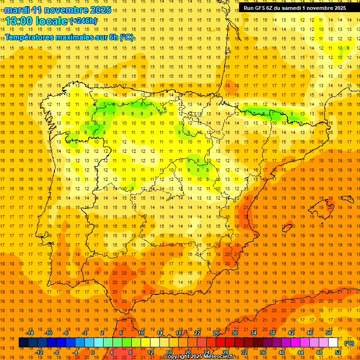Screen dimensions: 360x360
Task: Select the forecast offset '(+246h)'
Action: click(x=83, y=21)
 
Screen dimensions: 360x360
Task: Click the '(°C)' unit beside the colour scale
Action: click(x=349, y=343)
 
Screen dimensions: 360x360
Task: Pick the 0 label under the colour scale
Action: click(x=93, y=352)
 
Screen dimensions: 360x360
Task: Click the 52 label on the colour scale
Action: click(x=338, y=352)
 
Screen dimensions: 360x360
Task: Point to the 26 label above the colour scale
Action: click(x=216, y=333)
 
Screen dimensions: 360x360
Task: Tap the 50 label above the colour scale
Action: click(x=329, y=333)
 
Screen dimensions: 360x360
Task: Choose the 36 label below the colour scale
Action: click(x=262, y=352)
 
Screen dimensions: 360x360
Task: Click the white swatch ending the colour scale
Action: click(x=333, y=343)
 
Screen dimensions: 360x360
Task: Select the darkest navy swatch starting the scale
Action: click(x=23, y=343)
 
